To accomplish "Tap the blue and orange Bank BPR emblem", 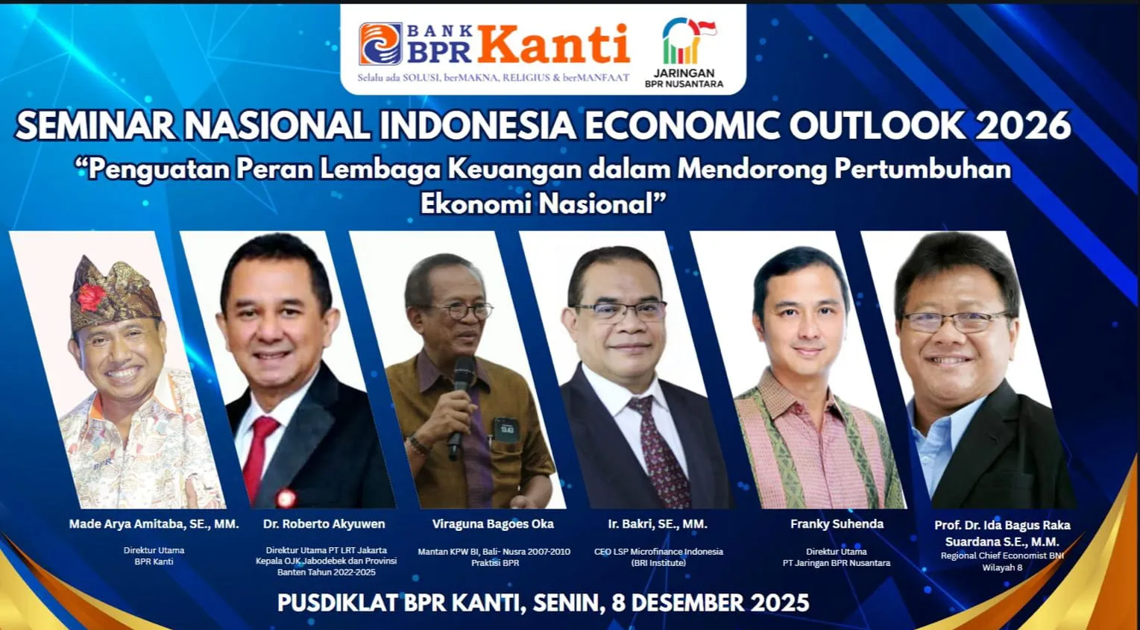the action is (381, 44).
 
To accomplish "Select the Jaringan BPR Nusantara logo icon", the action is (688, 40).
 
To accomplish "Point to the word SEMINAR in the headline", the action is (95, 125).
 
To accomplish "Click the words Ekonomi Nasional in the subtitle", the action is (543, 204).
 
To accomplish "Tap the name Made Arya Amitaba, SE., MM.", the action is (154, 523).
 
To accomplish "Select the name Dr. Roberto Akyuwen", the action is (324, 523).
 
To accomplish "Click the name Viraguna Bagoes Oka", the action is (493, 523).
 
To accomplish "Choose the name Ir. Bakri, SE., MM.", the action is (658, 523).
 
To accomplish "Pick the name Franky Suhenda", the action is (837, 523).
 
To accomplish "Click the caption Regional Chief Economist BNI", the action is (1002, 555).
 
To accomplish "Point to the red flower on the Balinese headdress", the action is (91, 297).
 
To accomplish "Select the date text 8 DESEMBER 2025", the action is (711, 602).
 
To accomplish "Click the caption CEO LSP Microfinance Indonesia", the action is (658, 552).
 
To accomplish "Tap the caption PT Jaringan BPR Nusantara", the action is (837, 563).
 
